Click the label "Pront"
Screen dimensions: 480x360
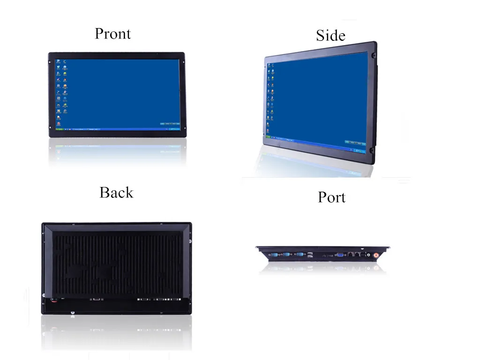(112, 34)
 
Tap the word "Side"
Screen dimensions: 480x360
(330, 36)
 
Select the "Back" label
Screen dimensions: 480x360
(116, 193)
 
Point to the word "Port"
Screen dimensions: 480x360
(331, 197)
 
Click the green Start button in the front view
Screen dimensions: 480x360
(60, 129)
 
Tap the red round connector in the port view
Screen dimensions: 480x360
(375, 255)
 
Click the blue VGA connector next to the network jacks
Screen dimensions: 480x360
(340, 255)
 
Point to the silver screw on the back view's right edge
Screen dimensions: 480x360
(190, 242)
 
